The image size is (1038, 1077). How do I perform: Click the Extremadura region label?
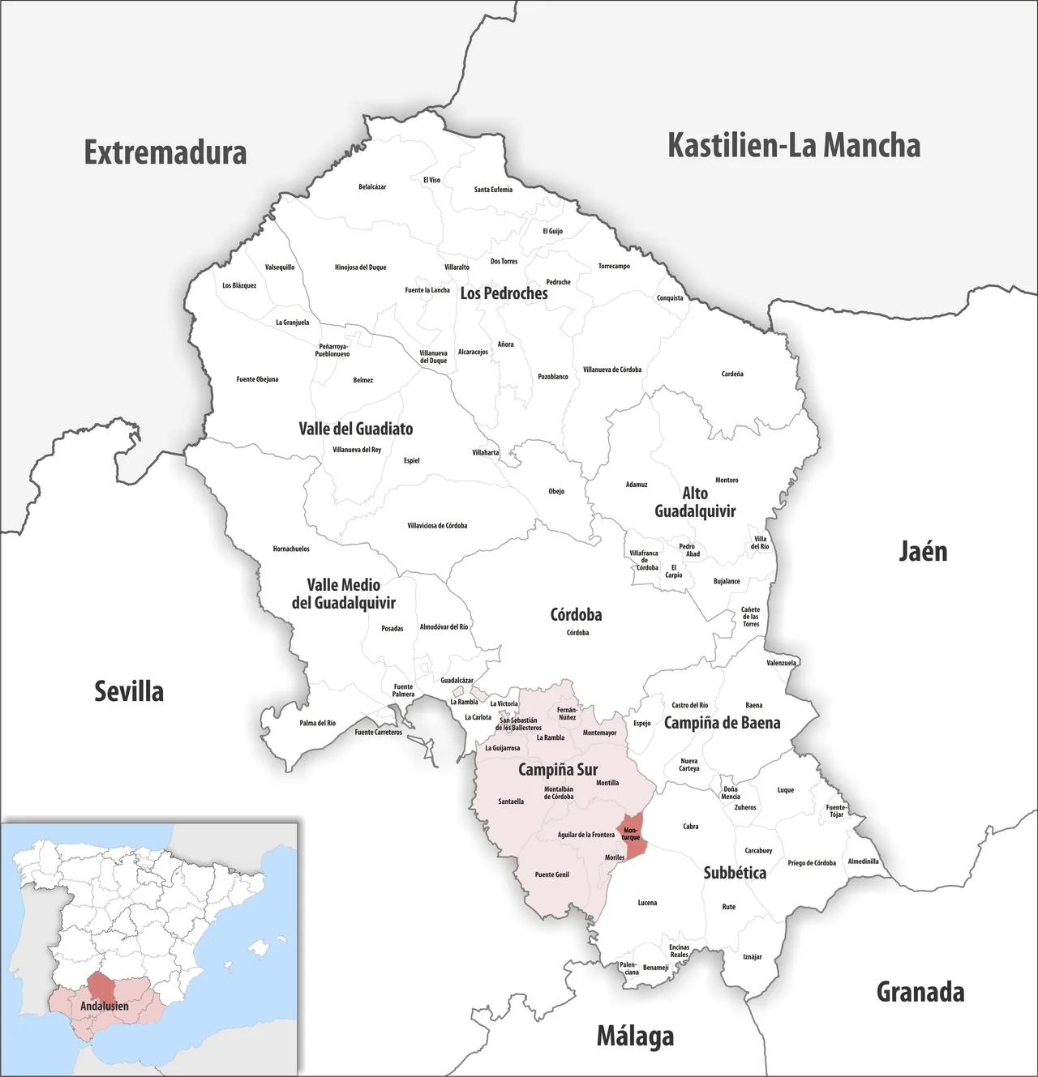pyautogui.click(x=165, y=152)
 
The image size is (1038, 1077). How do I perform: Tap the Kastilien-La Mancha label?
pyautogui.click(x=793, y=146)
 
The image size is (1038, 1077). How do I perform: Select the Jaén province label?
pyautogui.click(x=923, y=552)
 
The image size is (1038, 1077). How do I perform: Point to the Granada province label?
pyautogui.click(x=920, y=992)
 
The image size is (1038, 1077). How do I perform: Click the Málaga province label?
pyautogui.click(x=635, y=1036)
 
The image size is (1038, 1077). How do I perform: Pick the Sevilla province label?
pyautogui.click(x=129, y=691)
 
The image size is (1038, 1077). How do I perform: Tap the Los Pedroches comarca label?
pyautogui.click(x=504, y=293)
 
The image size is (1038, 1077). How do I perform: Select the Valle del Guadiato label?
pyautogui.click(x=355, y=429)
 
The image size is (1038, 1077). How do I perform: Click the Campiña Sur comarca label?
pyautogui.click(x=558, y=770)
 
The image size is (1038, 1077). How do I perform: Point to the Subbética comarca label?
pyautogui.click(x=735, y=873)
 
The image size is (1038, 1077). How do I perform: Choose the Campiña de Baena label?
pyautogui.click(x=722, y=723)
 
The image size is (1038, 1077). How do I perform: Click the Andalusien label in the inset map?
pyautogui.click(x=104, y=1006)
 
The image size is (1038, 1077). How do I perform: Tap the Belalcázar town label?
pyautogui.click(x=372, y=187)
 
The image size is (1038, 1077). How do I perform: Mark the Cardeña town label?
pyautogui.click(x=732, y=374)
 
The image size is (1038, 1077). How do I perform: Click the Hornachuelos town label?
pyautogui.click(x=291, y=549)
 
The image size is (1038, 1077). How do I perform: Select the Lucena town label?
pyautogui.click(x=647, y=903)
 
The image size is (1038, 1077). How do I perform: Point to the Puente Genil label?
pyautogui.click(x=551, y=875)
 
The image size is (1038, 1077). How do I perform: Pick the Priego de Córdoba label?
pyautogui.click(x=812, y=863)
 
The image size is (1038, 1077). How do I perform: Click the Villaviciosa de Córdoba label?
pyautogui.click(x=437, y=526)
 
